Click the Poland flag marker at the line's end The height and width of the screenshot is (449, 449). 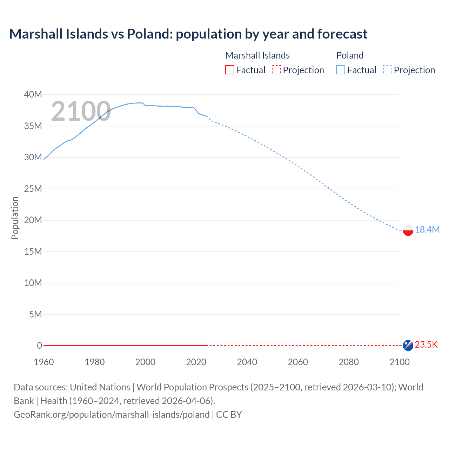coord(408,230)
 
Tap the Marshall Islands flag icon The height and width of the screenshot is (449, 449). coord(408,345)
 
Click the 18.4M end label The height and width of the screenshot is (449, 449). coord(427,229)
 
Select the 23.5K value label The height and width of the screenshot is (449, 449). coord(426,344)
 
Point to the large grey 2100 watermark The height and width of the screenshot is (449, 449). coord(81,111)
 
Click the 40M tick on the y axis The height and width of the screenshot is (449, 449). coord(33,94)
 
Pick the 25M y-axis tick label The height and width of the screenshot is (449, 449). coord(33,189)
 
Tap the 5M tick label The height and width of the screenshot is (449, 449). coord(35,314)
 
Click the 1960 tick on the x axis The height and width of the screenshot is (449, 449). coord(44,362)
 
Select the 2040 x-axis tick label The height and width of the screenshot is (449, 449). coord(247,362)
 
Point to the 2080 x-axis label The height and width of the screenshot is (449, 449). coord(349,362)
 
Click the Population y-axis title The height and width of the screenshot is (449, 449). coord(15,218)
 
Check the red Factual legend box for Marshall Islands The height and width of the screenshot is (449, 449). coord(230,70)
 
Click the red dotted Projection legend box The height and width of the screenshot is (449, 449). coord(276,70)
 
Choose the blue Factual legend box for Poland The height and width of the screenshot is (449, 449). coord(341,70)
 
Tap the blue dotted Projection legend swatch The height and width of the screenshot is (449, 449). coord(388,70)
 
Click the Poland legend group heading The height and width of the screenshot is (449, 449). coord(350,55)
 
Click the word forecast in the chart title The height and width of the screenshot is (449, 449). coord(342,34)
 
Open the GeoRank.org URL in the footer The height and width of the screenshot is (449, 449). coord(112,415)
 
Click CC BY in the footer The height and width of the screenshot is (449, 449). coord(229,415)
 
